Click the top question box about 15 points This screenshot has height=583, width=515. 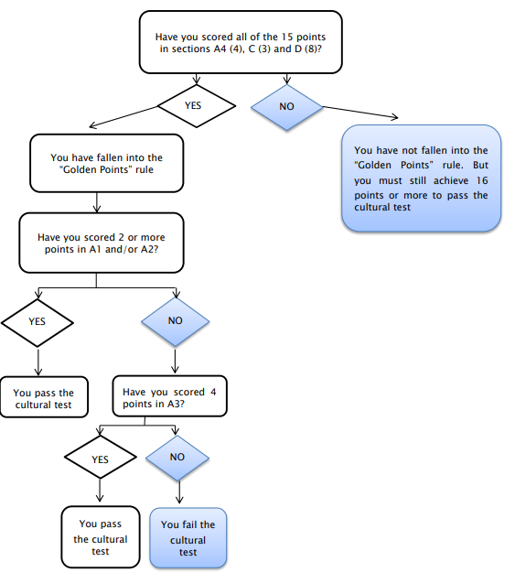(x=241, y=42)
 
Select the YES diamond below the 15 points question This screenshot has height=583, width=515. (x=197, y=106)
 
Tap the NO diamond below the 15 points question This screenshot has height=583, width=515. (x=287, y=107)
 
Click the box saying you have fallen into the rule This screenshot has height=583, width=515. (x=107, y=163)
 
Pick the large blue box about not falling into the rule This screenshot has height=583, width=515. (x=421, y=178)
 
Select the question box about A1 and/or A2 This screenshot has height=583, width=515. (x=102, y=243)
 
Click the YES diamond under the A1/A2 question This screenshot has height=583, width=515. (x=38, y=322)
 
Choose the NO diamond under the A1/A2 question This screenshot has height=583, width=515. (x=176, y=322)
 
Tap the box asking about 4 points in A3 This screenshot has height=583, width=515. (x=170, y=396)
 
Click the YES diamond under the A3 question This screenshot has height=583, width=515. (x=101, y=457)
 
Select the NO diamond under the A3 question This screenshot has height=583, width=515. (x=177, y=458)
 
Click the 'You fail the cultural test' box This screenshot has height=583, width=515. (x=188, y=537)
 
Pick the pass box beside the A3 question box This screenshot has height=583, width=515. (x=44, y=397)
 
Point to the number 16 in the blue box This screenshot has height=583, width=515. (x=482, y=180)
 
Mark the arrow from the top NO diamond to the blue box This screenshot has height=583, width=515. (x=360, y=113)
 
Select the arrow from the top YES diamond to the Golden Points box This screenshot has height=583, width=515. (x=123, y=117)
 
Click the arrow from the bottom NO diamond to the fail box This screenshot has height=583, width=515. (x=179, y=491)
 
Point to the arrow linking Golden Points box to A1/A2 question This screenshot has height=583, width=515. (x=97, y=202)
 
